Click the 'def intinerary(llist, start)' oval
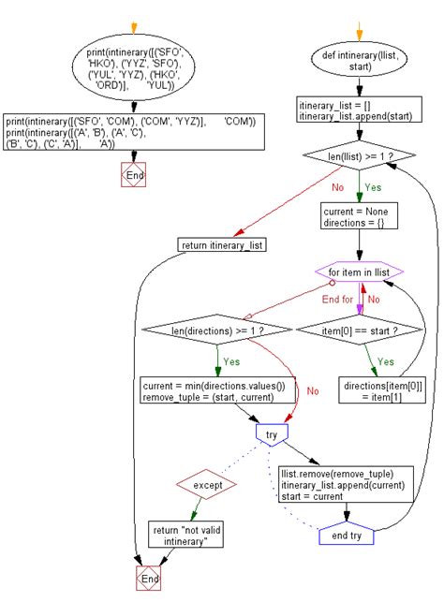[x=359, y=60]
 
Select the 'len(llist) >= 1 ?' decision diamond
[x=359, y=155]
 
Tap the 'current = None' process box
[x=359, y=216]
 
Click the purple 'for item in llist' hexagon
[x=359, y=272]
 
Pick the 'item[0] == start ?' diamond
[x=360, y=330]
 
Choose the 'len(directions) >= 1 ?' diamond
[x=217, y=330]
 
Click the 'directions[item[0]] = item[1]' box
[x=382, y=390]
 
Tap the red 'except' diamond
[x=207, y=485]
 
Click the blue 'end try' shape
[x=347, y=534]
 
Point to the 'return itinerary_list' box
[x=222, y=245]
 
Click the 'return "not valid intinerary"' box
[x=185, y=535]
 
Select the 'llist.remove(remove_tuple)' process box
[x=346, y=485]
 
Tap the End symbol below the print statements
[x=134, y=175]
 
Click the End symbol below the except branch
[x=149, y=578]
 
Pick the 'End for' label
[x=337, y=299]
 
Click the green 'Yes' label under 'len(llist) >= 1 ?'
[x=373, y=187]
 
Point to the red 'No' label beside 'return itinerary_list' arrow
[x=337, y=187]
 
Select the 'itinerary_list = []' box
[x=359, y=110]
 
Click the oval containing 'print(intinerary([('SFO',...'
[x=134, y=68]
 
